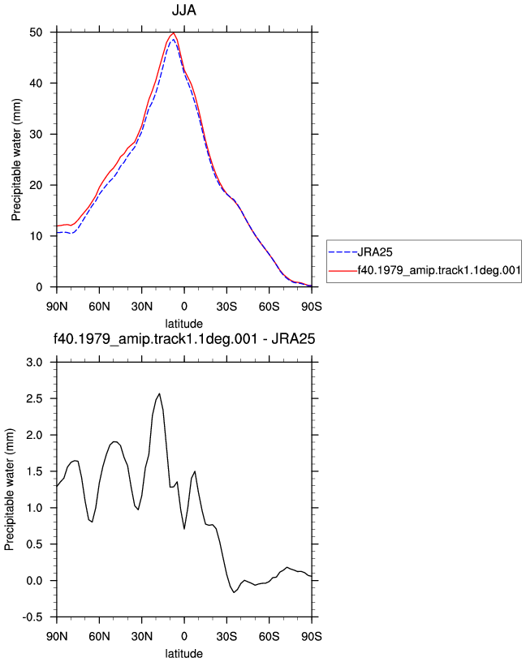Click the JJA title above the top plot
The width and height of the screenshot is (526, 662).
coord(183,10)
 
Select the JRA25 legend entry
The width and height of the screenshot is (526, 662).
coord(375,252)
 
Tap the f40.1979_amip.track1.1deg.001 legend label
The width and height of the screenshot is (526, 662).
coord(439,270)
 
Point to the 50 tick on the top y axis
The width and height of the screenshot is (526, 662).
coord(36,32)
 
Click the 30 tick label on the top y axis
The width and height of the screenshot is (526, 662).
coord(36,134)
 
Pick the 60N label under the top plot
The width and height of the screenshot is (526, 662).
coord(99,307)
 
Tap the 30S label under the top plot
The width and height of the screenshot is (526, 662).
coord(226,307)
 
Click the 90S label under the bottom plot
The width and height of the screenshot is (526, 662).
coord(312,636)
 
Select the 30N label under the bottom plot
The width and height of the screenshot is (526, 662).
coord(141,636)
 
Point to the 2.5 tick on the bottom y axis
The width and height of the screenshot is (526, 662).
coord(34,398)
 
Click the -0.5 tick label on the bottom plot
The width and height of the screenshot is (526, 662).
coord(32,617)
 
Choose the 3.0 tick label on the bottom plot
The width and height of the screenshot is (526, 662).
coord(34,363)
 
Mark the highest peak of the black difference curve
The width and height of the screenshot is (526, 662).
coord(159,393)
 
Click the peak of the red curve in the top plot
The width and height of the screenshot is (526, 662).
coord(173,33)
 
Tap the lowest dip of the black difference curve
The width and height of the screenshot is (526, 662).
coord(234,592)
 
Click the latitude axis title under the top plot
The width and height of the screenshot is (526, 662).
coord(183,324)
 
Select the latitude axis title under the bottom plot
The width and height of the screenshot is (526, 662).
coord(183,654)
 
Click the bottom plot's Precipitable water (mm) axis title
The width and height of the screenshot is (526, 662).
coord(9,490)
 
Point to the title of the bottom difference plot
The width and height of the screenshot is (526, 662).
coord(184,338)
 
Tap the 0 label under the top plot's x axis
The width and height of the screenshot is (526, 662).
coord(184,307)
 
